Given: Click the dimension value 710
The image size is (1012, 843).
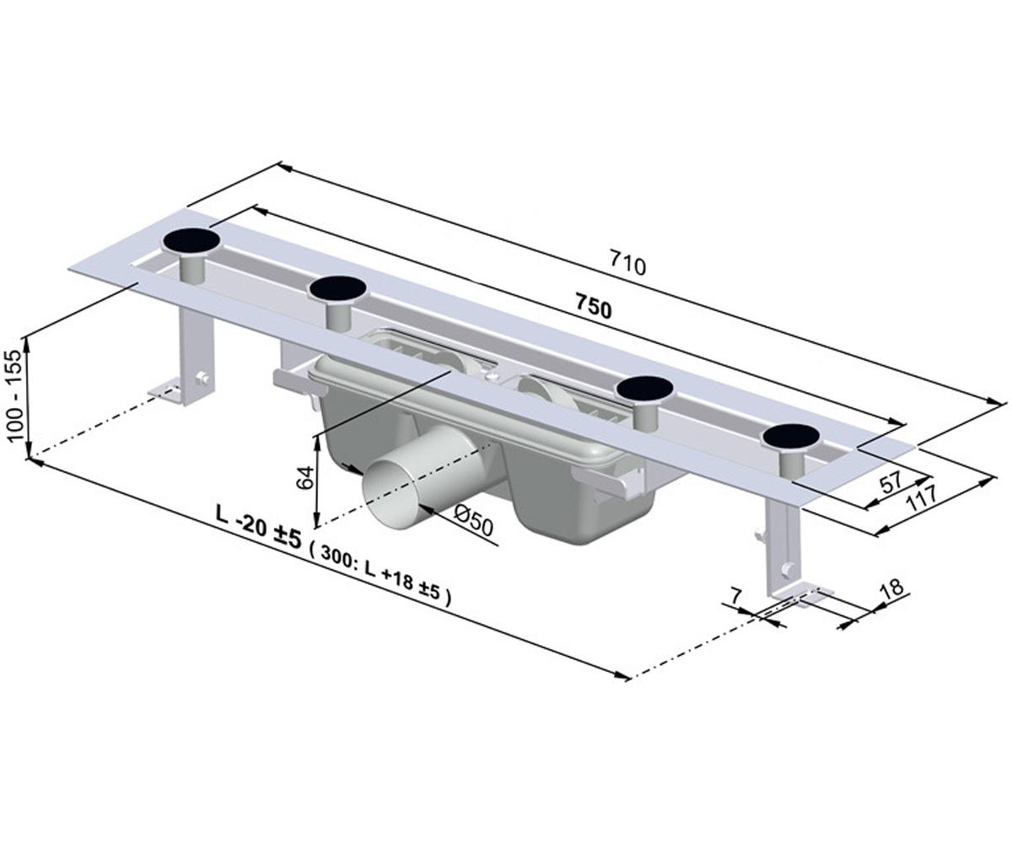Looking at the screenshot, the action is point(627,265).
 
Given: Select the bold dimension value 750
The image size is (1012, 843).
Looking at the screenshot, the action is point(594,309).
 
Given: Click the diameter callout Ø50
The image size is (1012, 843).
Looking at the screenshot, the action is point(473,522).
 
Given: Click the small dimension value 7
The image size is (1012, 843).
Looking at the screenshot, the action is point(736,596).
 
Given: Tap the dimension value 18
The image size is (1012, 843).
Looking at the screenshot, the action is point(892,588).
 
